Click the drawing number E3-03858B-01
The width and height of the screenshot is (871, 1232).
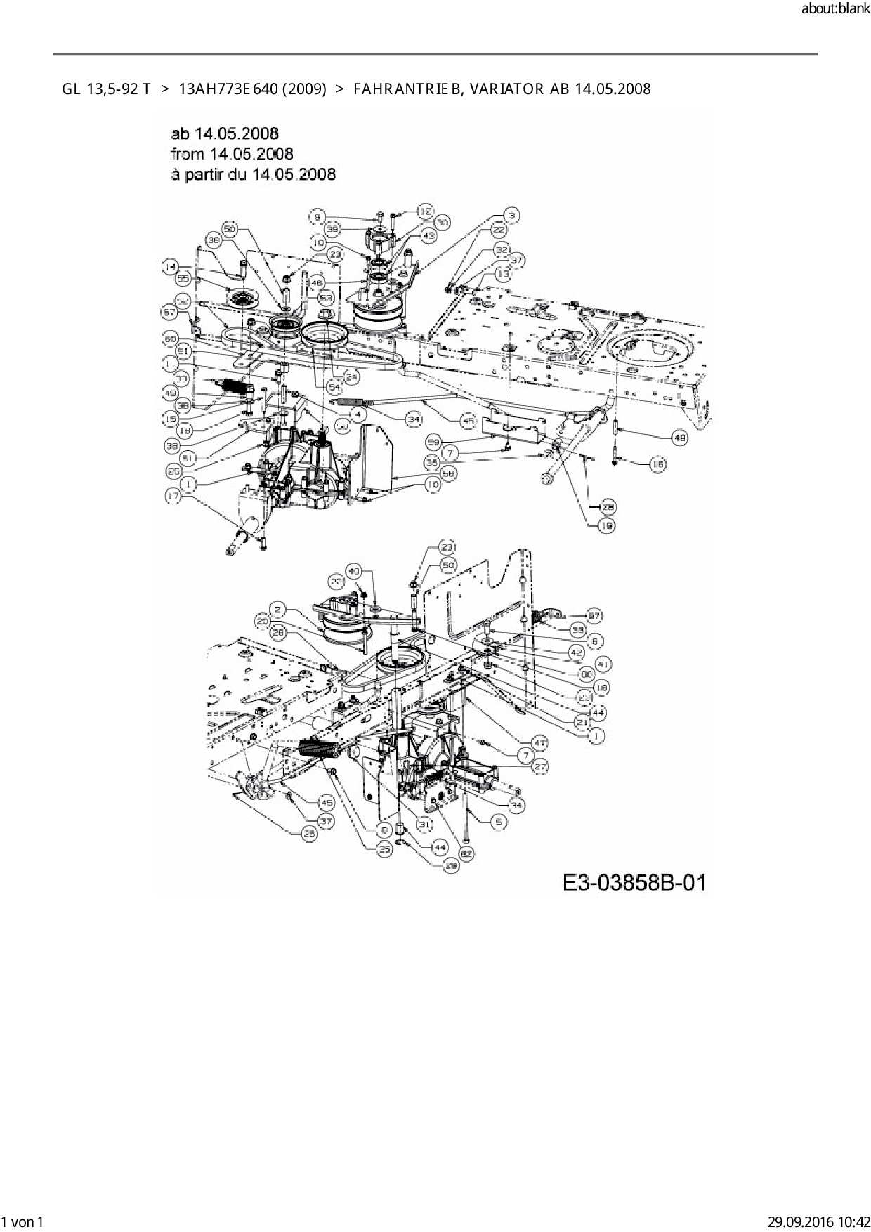634,882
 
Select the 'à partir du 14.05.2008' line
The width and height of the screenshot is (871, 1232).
253,173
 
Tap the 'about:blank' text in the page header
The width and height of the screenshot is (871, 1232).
835,9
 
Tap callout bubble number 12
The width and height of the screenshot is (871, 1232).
426,210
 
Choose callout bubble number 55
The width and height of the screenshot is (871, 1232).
184,279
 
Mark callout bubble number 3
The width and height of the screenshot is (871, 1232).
513,215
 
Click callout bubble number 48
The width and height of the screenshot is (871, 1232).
679,438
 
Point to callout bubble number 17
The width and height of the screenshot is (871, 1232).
173,495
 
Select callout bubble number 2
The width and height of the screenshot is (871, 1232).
278,610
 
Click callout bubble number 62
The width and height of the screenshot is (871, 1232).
467,853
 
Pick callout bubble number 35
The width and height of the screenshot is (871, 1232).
384,849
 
